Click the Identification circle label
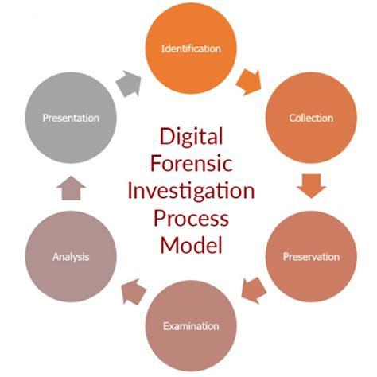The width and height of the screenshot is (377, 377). (190, 49)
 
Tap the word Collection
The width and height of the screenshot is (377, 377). (311, 119)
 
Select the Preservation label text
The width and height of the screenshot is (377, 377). (311, 257)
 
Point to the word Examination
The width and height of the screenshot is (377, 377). (190, 326)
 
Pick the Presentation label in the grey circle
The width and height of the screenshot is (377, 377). (72, 119)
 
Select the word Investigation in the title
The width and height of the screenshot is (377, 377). (190, 190)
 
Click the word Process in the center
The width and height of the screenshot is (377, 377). (190, 217)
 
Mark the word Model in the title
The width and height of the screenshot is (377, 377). (190, 244)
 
